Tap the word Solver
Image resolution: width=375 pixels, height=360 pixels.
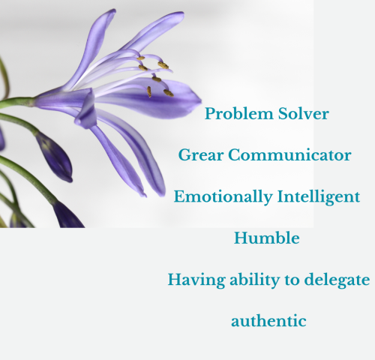303,114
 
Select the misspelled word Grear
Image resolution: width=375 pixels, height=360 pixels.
201,155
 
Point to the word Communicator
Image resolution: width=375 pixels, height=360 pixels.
289,155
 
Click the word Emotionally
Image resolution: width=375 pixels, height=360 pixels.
223,197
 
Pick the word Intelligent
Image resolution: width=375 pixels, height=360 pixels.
319,197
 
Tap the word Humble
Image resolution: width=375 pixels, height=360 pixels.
267,238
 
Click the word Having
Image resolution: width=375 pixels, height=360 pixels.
196,280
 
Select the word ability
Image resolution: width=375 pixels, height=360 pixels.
254,280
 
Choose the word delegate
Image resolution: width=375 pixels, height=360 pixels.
337,280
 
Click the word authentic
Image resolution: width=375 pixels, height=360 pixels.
268,321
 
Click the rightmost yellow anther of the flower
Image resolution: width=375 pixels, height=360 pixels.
169,93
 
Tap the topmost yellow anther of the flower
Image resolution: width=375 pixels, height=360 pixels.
141,58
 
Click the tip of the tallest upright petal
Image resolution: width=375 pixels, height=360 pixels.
113,10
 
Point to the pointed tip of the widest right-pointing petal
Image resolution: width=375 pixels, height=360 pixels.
200,100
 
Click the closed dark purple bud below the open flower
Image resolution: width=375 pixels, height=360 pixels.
54,157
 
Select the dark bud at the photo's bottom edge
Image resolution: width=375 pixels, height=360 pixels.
67,215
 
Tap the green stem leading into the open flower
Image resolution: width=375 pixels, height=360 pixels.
17,103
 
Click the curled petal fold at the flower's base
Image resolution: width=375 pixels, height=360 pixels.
86,111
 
